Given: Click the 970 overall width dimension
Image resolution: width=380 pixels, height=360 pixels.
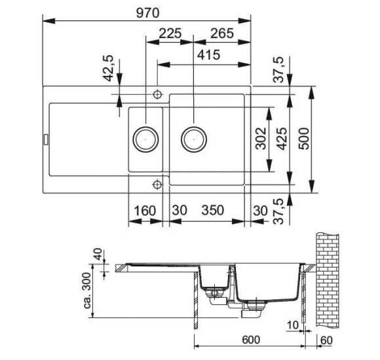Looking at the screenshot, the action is click(x=147, y=13).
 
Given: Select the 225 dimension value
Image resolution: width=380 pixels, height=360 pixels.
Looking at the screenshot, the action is click(x=170, y=33).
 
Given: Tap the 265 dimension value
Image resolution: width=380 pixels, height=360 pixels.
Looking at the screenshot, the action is click(x=222, y=33).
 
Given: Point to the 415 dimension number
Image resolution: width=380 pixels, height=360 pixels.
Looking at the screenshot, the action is click(x=208, y=55).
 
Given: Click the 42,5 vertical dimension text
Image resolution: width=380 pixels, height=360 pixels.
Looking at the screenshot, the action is click(x=108, y=68).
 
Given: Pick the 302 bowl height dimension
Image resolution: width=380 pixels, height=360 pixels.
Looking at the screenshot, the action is click(x=261, y=138).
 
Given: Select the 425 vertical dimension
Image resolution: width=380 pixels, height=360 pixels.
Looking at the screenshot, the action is click(x=282, y=139).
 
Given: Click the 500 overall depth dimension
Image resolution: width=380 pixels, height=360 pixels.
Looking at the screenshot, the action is click(x=303, y=139).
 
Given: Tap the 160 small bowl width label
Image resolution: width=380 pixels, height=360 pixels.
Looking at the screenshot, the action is click(x=145, y=211).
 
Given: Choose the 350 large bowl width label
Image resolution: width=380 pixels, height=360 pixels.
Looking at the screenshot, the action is click(x=213, y=210).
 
